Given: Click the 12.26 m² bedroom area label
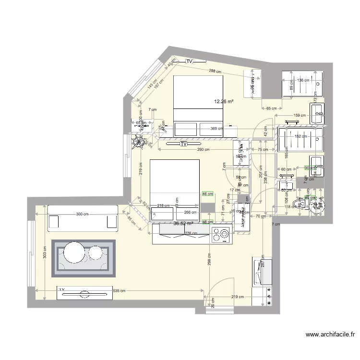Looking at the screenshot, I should pyautogui.click(x=224, y=102).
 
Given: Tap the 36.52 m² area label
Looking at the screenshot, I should pyautogui.click(x=183, y=223).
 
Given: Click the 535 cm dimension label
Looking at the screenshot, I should pyautogui.click(x=119, y=291).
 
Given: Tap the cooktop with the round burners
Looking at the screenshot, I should pyautogui.click(x=221, y=235).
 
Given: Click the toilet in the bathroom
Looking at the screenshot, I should pyautogui.click(x=302, y=205).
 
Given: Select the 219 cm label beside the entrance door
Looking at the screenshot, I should pyautogui.click(x=237, y=297).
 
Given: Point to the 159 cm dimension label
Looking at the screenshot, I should pyautogui.click(x=300, y=115).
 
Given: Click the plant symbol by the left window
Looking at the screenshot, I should pyautogui.click(x=140, y=141).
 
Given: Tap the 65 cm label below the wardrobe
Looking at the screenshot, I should pyautogui.click(x=271, y=108).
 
